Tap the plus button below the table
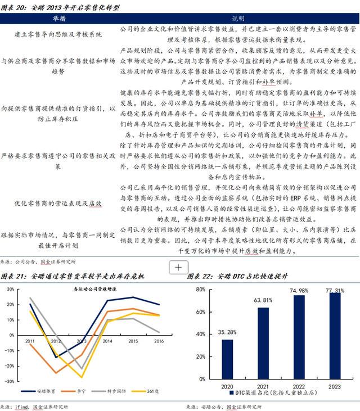[178, 268]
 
